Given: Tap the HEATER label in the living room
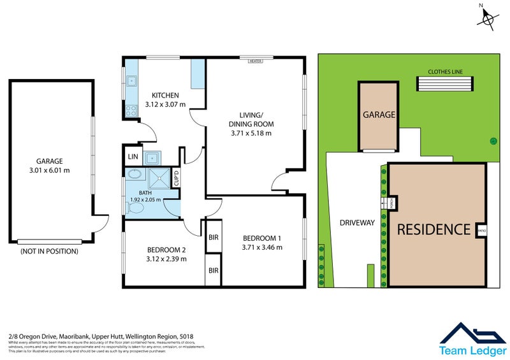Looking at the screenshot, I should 256,61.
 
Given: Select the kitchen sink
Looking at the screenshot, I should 132,81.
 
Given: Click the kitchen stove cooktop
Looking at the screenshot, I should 132,110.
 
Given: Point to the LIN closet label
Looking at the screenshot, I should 133,157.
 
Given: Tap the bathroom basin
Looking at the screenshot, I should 136,173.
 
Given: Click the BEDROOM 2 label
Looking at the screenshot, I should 166,249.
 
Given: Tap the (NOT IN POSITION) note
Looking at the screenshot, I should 49,251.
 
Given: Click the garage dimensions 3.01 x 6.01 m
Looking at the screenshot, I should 50,170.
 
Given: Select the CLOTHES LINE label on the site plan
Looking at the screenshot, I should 446,72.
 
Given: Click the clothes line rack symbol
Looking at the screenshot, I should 446,84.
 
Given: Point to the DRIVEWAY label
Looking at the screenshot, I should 357,222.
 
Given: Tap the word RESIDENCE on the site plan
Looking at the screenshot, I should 433,229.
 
